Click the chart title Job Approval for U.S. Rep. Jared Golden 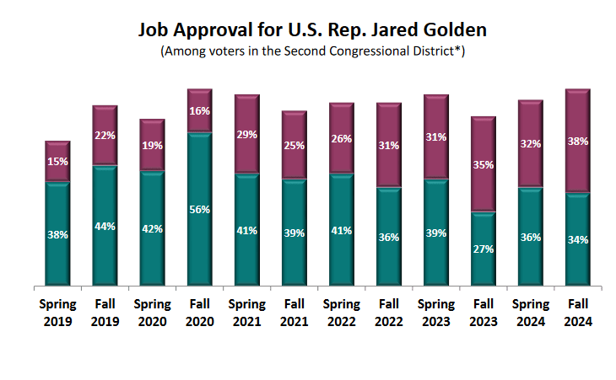pyautogui.click(x=313, y=29)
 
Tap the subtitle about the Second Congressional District pyautogui.click(x=313, y=51)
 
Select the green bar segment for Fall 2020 pyautogui.click(x=199, y=244)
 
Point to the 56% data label pyautogui.click(x=199, y=209)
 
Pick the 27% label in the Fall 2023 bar pyautogui.click(x=484, y=249)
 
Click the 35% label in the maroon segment pyautogui.click(x=484, y=165)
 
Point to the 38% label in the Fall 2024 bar pyautogui.click(x=577, y=142)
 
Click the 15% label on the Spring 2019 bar pyautogui.click(x=57, y=162)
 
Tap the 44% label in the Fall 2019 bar pyautogui.click(x=105, y=226)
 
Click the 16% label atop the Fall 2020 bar pyautogui.click(x=199, y=111)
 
